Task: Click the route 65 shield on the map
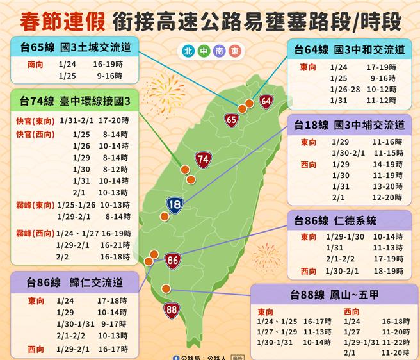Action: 232,119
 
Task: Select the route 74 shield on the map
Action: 203,160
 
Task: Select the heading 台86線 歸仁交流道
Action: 75,282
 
